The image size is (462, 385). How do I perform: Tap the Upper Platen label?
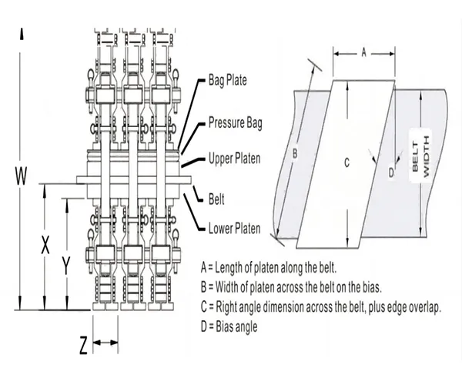[235, 159]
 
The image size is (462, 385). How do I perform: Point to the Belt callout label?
[217, 198]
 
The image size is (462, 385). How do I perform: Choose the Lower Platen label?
[235, 228]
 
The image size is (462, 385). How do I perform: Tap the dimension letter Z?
[83, 346]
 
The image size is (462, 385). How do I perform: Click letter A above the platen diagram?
[363, 52]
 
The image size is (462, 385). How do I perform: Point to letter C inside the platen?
[347, 162]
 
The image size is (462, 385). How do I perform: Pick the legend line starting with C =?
[320, 307]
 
